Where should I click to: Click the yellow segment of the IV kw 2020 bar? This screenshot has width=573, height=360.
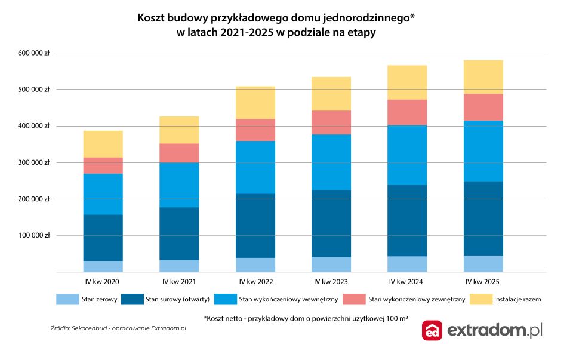point(103,144)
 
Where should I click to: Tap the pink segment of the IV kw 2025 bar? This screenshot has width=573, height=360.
point(484,107)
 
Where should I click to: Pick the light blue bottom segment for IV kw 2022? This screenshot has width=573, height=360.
point(255,265)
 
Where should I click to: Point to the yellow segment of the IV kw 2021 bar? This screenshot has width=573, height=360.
point(179,130)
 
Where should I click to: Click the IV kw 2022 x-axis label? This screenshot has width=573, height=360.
point(255,281)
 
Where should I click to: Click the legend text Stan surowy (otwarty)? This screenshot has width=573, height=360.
point(175,300)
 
